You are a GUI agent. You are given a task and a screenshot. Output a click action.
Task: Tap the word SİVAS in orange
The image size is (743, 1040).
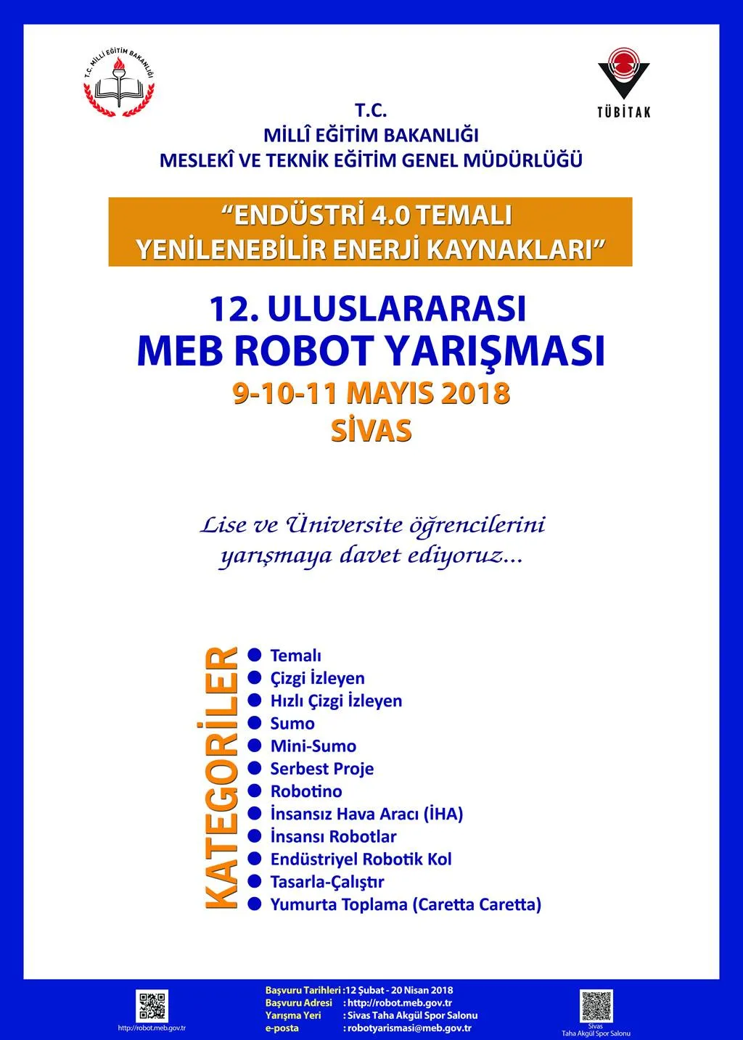click(371, 430)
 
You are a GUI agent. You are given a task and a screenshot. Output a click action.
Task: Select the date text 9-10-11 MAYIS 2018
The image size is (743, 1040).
click(371, 393)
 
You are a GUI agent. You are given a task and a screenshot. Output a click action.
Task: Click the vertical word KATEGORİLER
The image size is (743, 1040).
click(221, 778)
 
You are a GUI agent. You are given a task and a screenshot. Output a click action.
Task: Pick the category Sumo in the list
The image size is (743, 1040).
click(292, 723)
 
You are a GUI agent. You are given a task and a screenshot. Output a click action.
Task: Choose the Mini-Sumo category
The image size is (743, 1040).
click(313, 746)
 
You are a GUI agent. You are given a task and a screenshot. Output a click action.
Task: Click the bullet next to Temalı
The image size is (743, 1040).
click(255, 655)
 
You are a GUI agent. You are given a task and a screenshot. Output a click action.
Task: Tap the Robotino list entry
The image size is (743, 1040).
click(305, 791)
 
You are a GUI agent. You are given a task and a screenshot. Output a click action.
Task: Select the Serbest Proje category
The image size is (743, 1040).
click(321, 769)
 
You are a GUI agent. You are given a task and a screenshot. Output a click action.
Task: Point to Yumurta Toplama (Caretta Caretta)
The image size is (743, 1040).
click(406, 904)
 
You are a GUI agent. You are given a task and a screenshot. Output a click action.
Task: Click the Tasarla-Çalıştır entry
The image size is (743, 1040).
click(327, 882)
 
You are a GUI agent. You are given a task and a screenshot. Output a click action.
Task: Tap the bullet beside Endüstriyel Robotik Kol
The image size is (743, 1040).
click(255, 859)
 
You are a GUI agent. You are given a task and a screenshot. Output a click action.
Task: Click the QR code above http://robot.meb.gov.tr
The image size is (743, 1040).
click(152, 1006)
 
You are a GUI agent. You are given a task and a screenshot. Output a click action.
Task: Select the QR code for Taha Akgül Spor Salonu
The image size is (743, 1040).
click(596, 1005)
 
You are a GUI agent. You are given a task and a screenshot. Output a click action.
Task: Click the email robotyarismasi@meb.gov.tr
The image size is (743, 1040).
click(410, 1028)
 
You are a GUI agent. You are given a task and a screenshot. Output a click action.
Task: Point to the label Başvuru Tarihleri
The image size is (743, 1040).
click(303, 990)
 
